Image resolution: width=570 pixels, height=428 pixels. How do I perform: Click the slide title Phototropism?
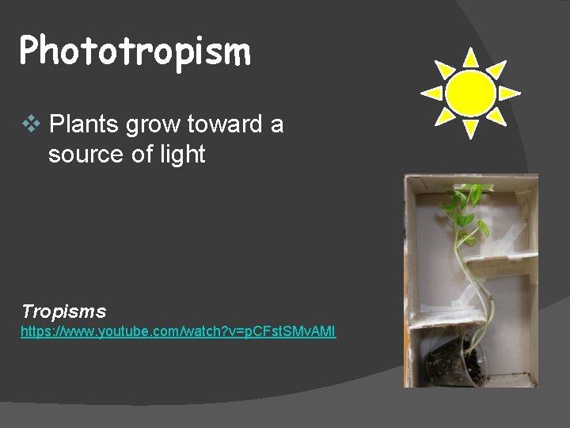pos(135,52)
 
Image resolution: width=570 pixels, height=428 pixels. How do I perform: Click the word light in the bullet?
pos(181,155)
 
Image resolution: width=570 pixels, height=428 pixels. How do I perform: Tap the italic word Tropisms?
pos(63,311)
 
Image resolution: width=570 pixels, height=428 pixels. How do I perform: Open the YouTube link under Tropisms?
pos(178,331)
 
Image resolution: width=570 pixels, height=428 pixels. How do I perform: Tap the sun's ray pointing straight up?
pos(470,56)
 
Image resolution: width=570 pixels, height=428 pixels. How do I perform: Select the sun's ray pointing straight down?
pos(470,129)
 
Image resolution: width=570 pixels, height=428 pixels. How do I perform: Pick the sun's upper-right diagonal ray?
pos(497,68)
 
